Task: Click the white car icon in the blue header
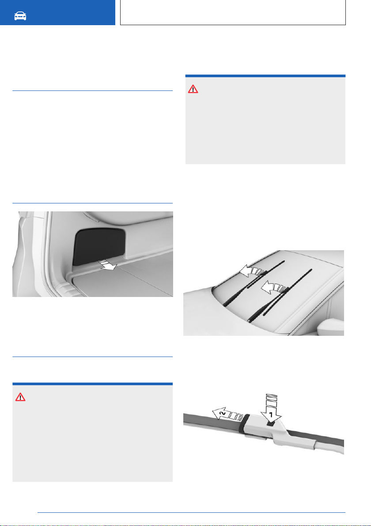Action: pos(20,16)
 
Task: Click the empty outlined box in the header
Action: pos(233,12)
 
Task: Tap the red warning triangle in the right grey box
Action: pos(193,89)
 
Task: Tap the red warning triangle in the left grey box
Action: pos(20,397)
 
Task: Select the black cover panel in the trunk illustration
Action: pos(99,245)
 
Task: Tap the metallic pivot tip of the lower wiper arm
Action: pos(250,321)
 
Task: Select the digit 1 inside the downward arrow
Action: pos(271,415)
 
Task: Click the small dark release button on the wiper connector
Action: pos(271,424)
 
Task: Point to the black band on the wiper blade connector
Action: pos(244,422)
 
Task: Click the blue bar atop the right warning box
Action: pos(265,76)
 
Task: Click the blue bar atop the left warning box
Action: pos(92,384)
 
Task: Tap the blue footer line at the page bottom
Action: pos(191,512)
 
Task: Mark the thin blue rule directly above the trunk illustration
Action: pos(92,203)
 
